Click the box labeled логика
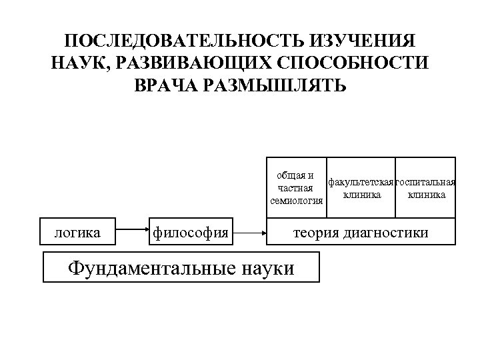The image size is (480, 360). (77, 233)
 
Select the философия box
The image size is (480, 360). (191, 233)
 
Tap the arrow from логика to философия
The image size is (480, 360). (131, 233)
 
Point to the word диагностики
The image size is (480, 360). (389, 233)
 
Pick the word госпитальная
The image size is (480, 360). (426, 183)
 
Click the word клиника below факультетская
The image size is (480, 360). (362, 195)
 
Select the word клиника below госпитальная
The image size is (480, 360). (427, 195)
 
